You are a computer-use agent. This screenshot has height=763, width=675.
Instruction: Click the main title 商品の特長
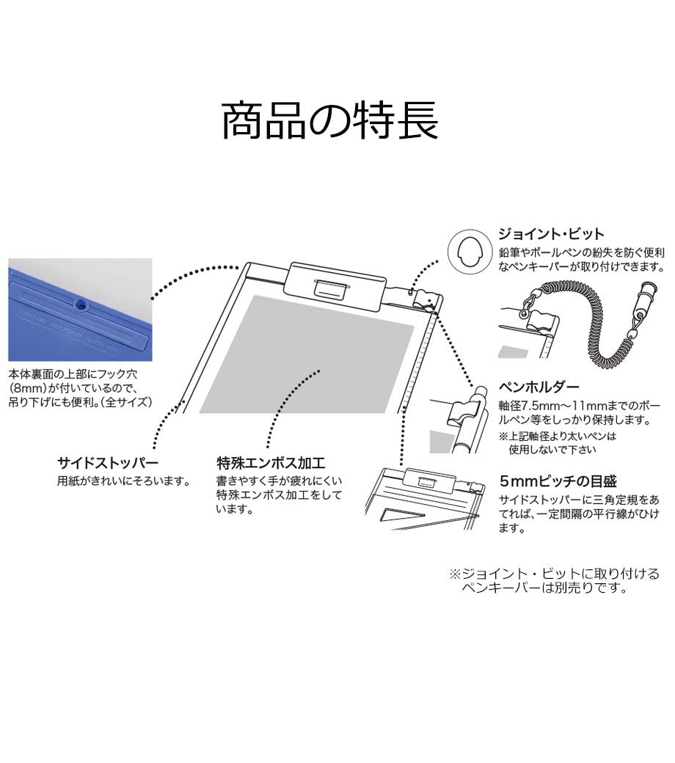[x=330, y=120]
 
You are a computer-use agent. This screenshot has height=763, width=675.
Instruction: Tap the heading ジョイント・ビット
[x=551, y=235]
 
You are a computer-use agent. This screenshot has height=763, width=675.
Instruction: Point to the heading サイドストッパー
[x=108, y=463]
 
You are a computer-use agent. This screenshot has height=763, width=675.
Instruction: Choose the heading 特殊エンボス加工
[x=271, y=463]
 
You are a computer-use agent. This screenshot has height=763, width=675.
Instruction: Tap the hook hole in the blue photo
[x=79, y=302]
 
